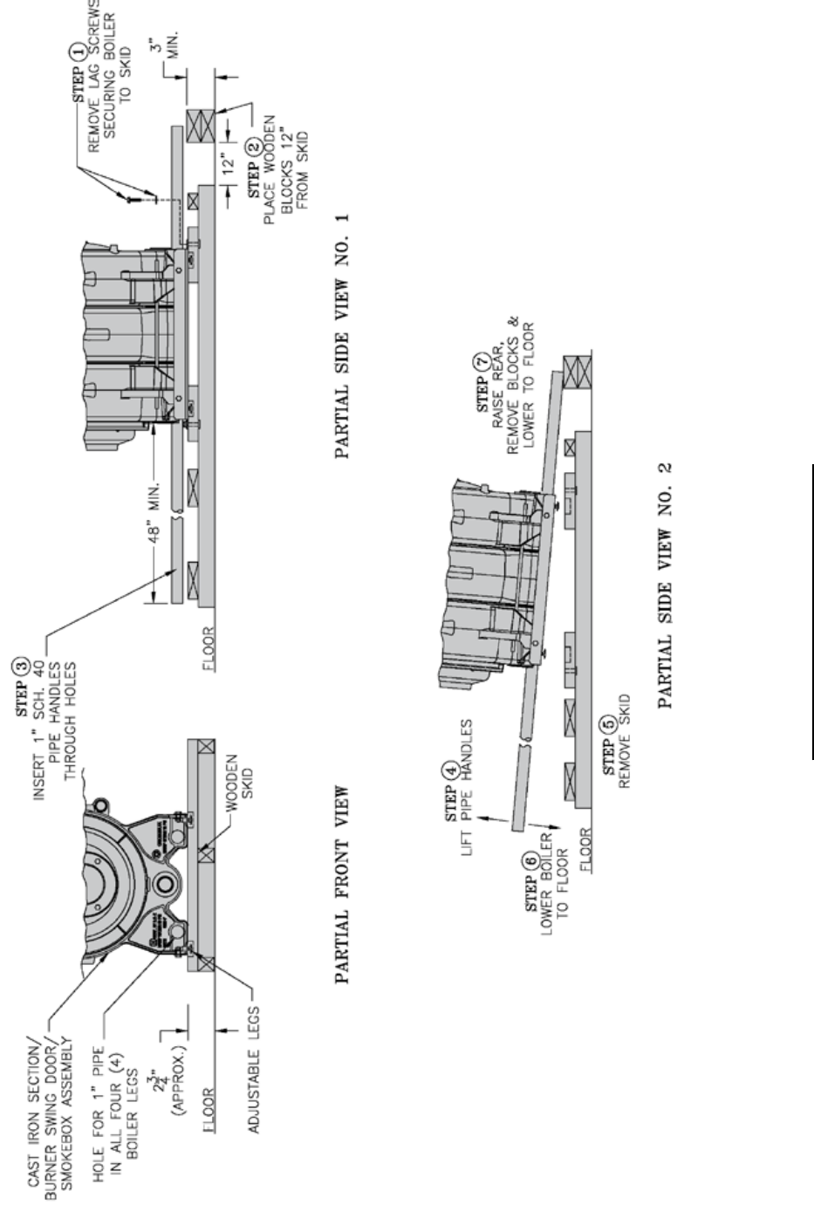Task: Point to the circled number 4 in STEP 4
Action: tap(451, 770)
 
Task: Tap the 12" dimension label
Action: tap(229, 163)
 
